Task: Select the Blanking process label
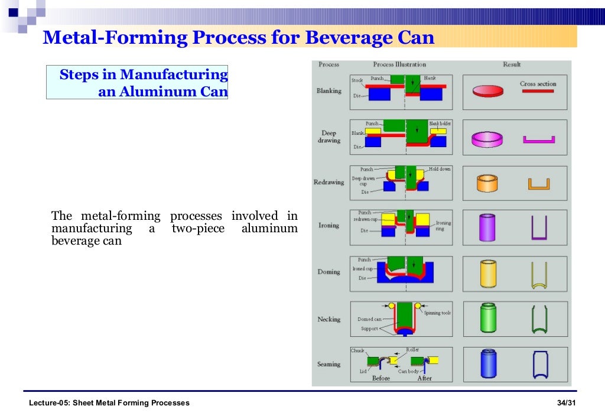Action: (x=328, y=91)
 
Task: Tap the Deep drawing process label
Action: (x=329, y=137)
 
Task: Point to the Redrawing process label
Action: (x=328, y=182)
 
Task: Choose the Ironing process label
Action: (x=328, y=225)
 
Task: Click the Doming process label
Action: (x=328, y=272)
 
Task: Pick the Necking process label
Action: (x=328, y=319)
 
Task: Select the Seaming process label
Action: (x=328, y=364)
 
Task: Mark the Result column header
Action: (x=512, y=64)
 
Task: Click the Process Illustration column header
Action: (x=399, y=64)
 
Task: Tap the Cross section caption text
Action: (x=538, y=84)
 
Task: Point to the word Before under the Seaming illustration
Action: (x=381, y=378)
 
